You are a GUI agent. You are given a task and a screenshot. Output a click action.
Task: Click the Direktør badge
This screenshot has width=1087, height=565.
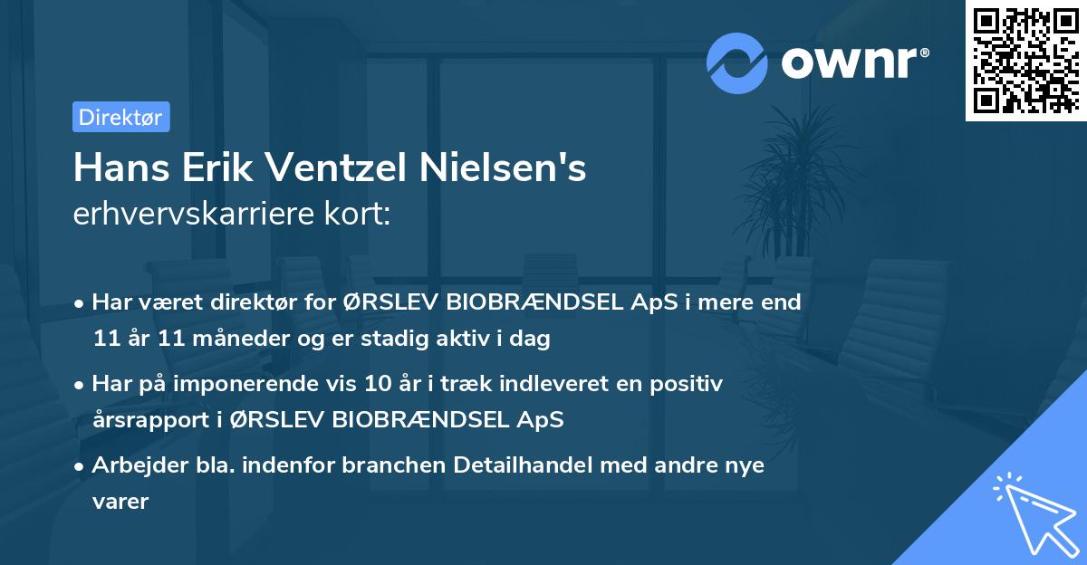pyautogui.click(x=120, y=117)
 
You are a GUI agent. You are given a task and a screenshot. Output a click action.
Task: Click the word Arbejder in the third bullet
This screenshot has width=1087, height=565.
pyautogui.click(x=133, y=464)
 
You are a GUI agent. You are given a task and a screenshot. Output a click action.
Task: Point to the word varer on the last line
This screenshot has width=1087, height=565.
pyautogui.click(x=120, y=501)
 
